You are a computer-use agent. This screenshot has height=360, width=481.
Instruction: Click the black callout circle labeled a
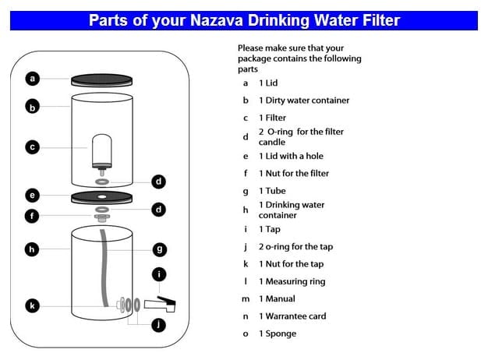(33, 79)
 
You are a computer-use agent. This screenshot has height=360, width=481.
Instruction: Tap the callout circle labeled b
(33, 107)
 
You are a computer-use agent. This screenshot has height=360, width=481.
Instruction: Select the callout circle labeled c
(33, 147)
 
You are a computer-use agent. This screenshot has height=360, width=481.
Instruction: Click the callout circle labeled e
(32, 196)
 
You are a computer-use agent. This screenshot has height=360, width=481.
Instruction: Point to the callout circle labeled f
(32, 216)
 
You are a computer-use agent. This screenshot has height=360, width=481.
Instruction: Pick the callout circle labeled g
(160, 249)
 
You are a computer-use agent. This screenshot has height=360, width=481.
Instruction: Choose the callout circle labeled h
(32, 249)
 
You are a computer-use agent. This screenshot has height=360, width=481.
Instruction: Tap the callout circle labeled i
(159, 274)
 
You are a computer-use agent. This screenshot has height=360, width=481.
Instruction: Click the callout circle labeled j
(158, 325)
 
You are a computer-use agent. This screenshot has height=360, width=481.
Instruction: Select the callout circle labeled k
(32, 305)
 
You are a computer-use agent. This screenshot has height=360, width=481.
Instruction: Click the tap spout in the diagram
(160, 304)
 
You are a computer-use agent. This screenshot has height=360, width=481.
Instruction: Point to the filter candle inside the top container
(102, 151)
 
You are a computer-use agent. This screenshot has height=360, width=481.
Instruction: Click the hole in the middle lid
(102, 196)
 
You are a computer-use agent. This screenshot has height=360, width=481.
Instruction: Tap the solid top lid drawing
(102, 80)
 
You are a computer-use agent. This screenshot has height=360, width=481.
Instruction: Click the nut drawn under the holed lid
(102, 217)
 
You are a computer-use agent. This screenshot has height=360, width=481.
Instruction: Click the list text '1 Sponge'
(278, 334)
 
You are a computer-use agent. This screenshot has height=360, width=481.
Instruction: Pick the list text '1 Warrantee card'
(292, 316)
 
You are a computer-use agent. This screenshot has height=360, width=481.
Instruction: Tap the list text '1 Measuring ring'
(292, 281)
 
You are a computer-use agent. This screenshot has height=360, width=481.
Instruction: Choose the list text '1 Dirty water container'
(304, 101)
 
